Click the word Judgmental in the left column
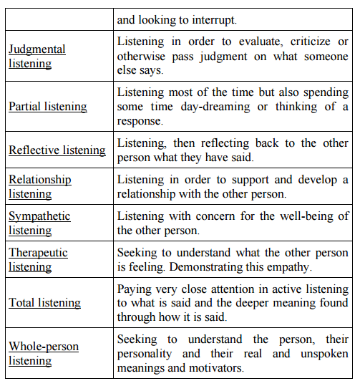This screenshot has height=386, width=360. (x=37, y=49)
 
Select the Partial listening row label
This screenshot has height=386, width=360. (x=48, y=107)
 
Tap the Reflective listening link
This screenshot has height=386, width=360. (x=57, y=150)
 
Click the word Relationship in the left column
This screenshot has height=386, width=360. (x=40, y=180)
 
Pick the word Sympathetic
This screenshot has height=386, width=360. (x=39, y=216)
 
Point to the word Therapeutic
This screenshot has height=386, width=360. (x=39, y=253)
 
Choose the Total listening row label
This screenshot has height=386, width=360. (x=45, y=302)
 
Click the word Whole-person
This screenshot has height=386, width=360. (x=44, y=347)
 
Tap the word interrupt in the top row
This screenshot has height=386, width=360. (x=214, y=20)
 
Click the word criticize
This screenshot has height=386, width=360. (x=311, y=42)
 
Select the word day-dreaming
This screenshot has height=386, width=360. (x=215, y=107)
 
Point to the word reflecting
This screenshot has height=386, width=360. (x=225, y=143)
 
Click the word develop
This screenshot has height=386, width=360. (x=318, y=180)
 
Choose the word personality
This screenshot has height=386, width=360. (x=145, y=354)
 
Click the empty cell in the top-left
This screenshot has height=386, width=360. (x=59, y=19)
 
